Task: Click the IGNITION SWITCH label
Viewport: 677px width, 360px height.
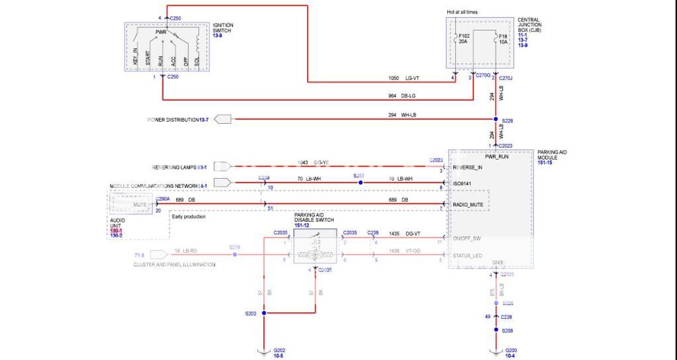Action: (x=223, y=28)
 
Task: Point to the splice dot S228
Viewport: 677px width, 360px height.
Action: (x=495, y=120)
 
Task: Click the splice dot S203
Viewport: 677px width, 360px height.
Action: (x=263, y=313)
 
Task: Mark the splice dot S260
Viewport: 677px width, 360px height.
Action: (x=360, y=181)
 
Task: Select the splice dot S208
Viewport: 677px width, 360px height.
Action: (x=495, y=330)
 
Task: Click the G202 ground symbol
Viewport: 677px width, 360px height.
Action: (x=263, y=351)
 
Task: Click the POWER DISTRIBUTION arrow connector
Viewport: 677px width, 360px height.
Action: (x=222, y=120)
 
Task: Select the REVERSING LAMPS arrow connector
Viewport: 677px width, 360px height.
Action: (x=222, y=166)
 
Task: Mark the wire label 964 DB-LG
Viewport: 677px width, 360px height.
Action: (x=402, y=96)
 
